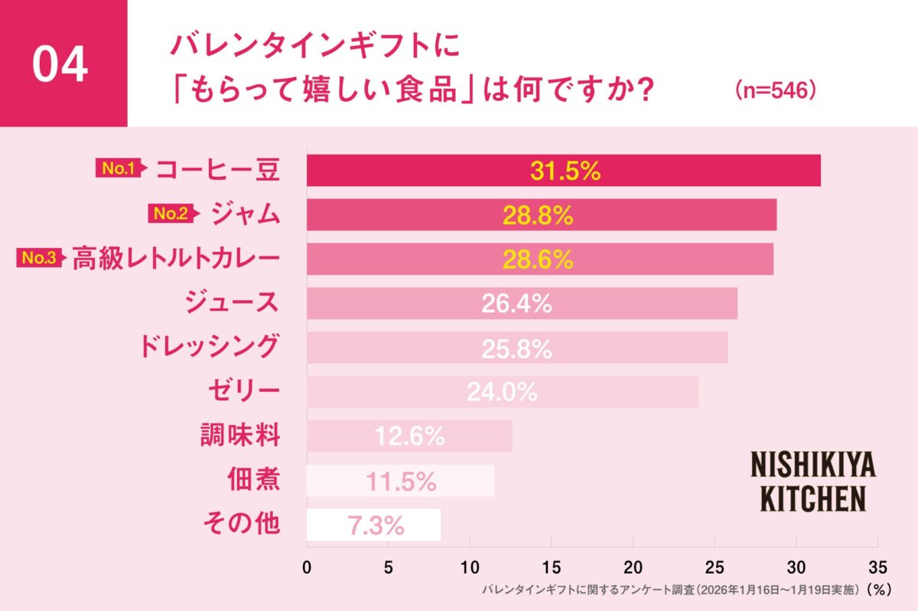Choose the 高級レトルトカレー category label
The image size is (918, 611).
[x=175, y=259]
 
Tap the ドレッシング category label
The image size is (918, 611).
[x=208, y=347]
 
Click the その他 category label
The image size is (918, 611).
[x=241, y=524]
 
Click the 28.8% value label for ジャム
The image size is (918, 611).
[x=538, y=215]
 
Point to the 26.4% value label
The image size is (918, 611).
[x=516, y=304]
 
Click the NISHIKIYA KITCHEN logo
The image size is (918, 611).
[x=812, y=481]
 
